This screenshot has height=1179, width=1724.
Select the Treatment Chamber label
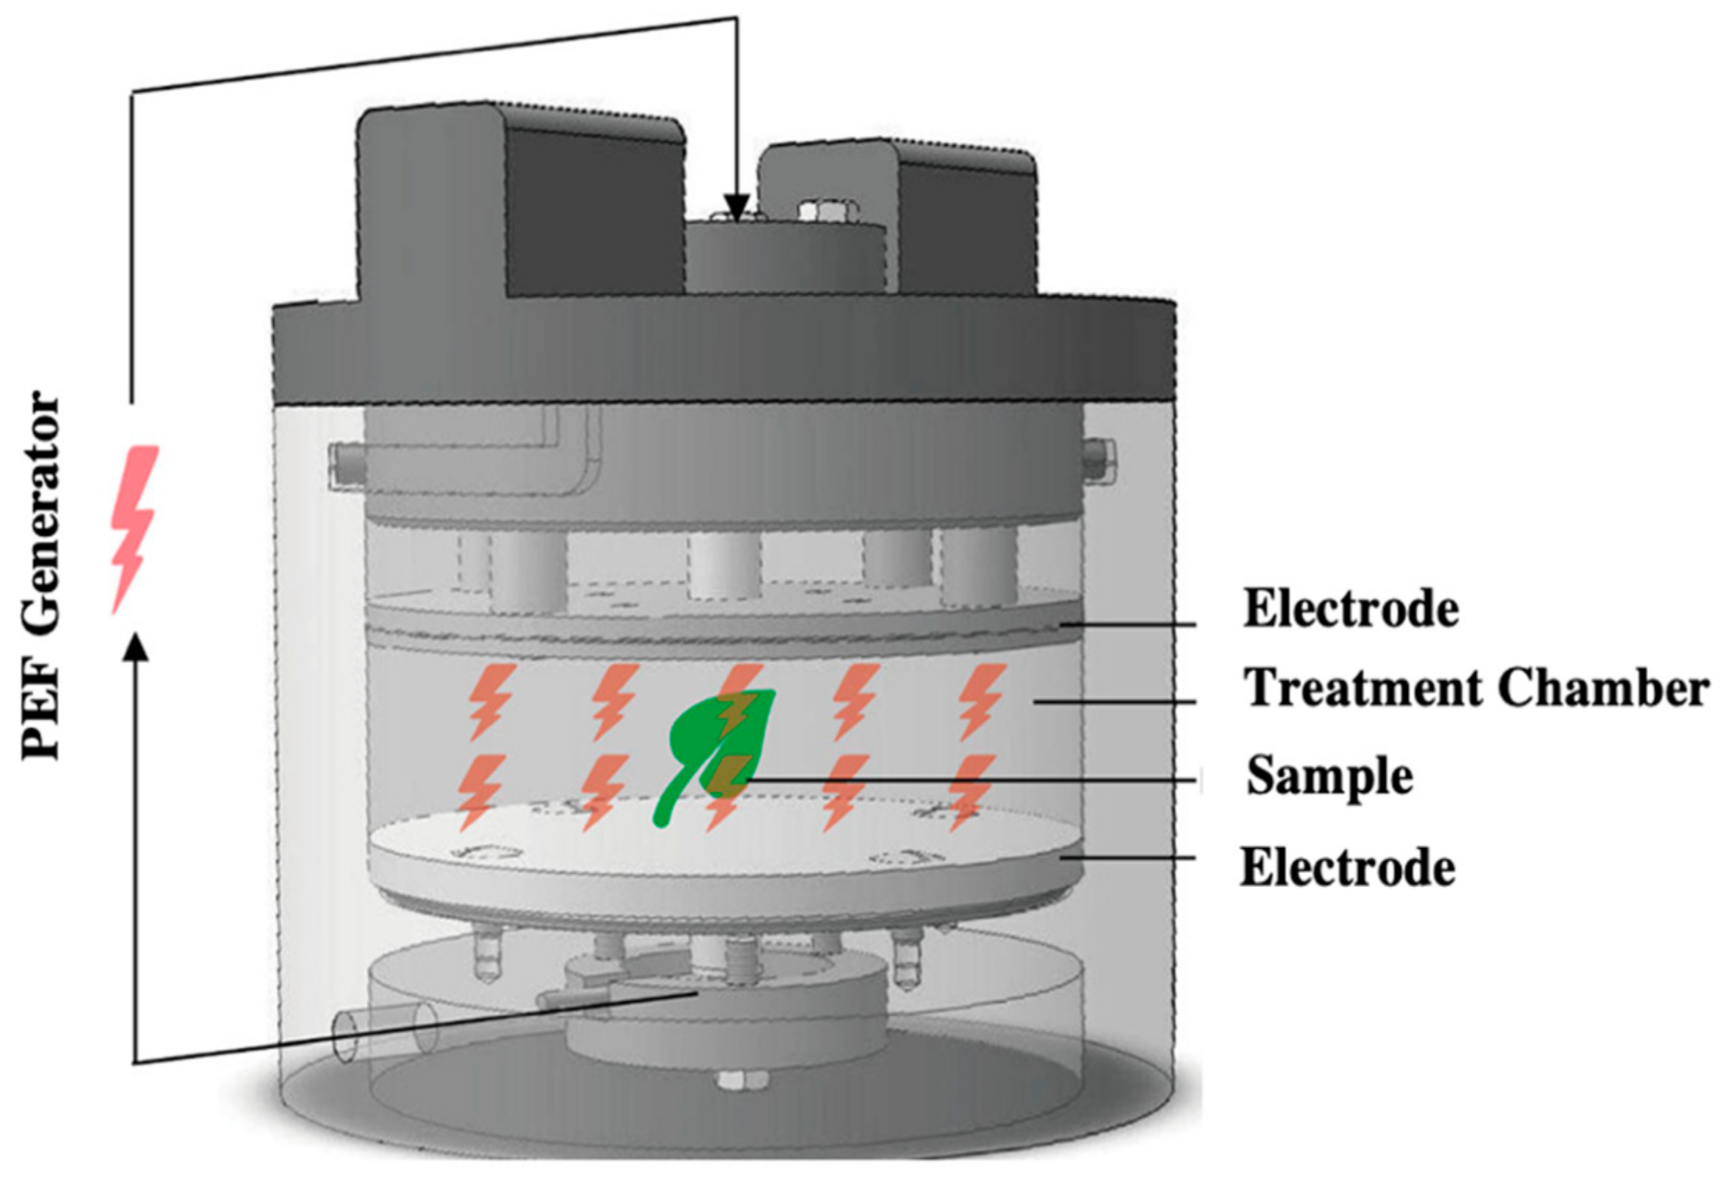click(x=1477, y=688)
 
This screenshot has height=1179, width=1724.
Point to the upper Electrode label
click(x=1351, y=609)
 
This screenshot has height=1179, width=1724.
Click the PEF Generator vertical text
click(x=41, y=575)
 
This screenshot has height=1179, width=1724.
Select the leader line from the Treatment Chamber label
click(x=1113, y=702)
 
